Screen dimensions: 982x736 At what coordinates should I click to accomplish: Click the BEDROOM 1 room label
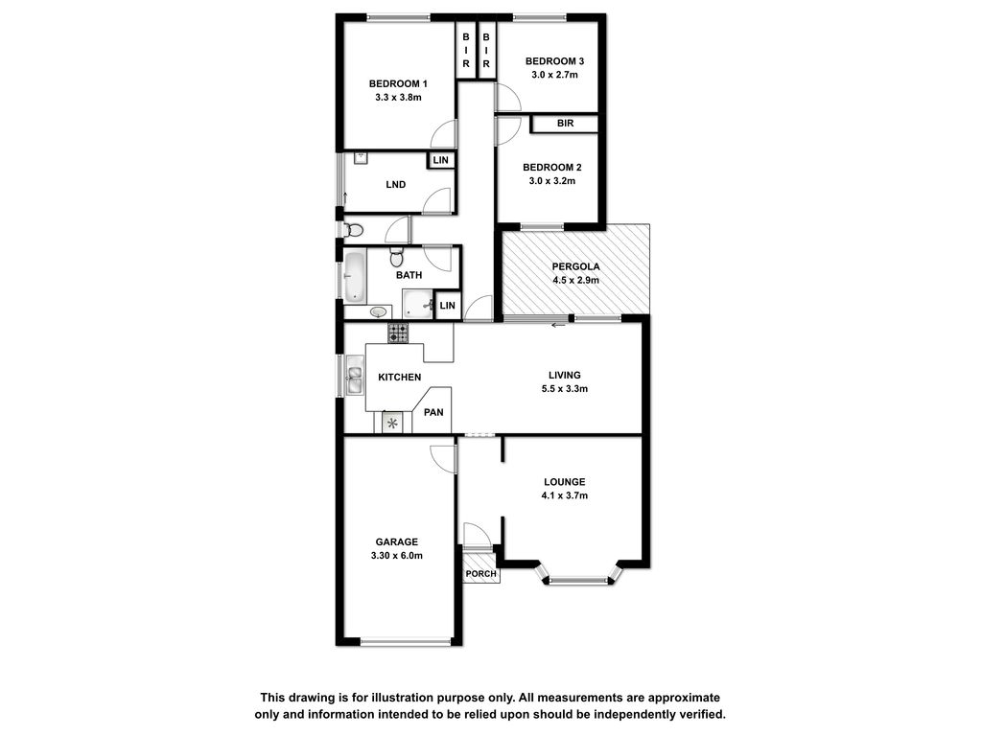tap(398, 84)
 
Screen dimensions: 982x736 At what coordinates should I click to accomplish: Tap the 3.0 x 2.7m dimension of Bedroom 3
tap(554, 75)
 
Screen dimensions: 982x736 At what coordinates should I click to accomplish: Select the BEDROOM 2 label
tap(551, 167)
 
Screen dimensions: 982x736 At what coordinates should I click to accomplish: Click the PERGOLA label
tap(575, 266)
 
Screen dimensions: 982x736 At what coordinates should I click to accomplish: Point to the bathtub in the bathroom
tap(355, 277)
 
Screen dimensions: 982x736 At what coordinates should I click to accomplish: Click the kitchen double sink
tap(355, 375)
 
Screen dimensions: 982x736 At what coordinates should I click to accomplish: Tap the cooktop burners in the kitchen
tap(398, 333)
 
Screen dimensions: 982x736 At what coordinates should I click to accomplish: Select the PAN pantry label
tap(433, 412)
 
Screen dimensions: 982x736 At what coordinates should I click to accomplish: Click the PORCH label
tap(481, 574)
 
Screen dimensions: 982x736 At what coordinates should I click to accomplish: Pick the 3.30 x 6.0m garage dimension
tap(396, 556)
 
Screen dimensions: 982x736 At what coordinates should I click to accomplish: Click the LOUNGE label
tap(564, 482)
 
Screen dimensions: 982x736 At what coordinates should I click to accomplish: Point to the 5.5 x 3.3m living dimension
tap(564, 389)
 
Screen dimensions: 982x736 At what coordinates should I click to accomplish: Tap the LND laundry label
tap(396, 185)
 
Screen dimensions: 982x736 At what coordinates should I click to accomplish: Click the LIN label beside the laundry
tap(441, 160)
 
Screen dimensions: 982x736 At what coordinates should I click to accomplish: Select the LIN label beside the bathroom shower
tap(447, 306)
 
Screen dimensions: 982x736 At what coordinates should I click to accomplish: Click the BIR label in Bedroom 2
tap(565, 124)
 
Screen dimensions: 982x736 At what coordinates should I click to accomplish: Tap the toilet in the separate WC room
tap(353, 230)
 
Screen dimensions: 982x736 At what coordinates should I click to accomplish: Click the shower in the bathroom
tap(418, 304)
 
